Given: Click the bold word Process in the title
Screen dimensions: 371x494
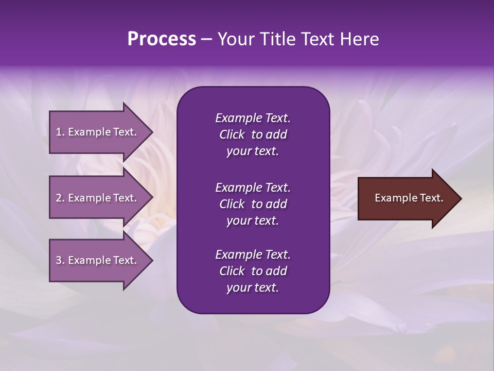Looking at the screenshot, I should (x=162, y=39).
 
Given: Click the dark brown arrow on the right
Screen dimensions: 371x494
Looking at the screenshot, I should (x=407, y=198).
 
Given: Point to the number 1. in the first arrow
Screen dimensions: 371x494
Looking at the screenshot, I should (x=60, y=132).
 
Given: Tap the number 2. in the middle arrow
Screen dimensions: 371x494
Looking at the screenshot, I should (x=60, y=198).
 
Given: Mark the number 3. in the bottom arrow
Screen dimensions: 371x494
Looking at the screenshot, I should (x=60, y=260).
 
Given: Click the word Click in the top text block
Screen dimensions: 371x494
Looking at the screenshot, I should (x=232, y=134).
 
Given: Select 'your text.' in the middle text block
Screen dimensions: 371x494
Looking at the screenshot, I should (x=253, y=221).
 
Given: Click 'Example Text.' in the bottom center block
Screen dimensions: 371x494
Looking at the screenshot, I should (x=253, y=255).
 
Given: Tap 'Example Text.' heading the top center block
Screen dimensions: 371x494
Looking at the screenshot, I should (x=253, y=118).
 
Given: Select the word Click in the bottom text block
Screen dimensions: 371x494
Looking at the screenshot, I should (x=232, y=271).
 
